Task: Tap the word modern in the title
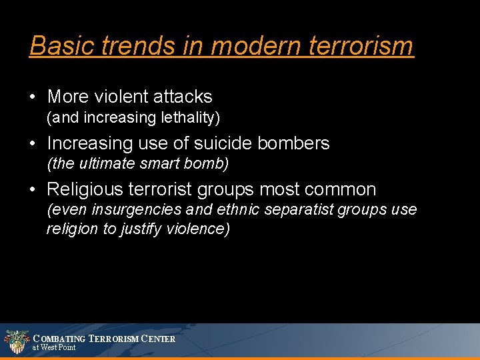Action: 237,46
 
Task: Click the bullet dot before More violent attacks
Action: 33,97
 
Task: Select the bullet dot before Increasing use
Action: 33,144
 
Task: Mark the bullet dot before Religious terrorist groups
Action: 33,191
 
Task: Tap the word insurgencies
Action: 137,210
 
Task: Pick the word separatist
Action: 299,210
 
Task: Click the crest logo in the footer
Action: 17,341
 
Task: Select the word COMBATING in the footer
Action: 59,339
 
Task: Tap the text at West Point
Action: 54,348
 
